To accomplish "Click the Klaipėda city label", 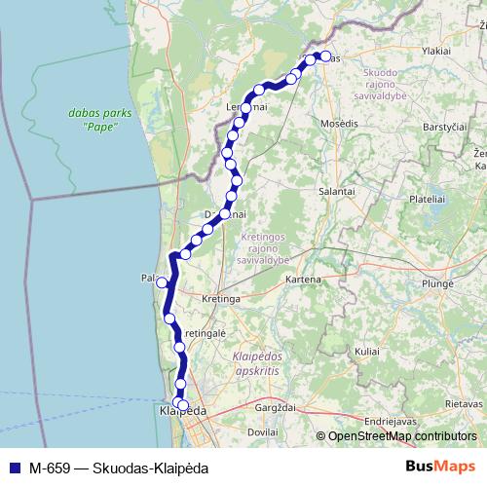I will [182, 413].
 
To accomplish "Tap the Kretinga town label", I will [220, 299].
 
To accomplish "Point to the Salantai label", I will [337, 193].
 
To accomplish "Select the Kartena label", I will [302, 281].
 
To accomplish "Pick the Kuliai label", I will [367, 349].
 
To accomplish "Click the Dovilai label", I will [263, 431].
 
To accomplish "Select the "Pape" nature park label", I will [94, 121].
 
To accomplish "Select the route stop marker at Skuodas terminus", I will [324, 56].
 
